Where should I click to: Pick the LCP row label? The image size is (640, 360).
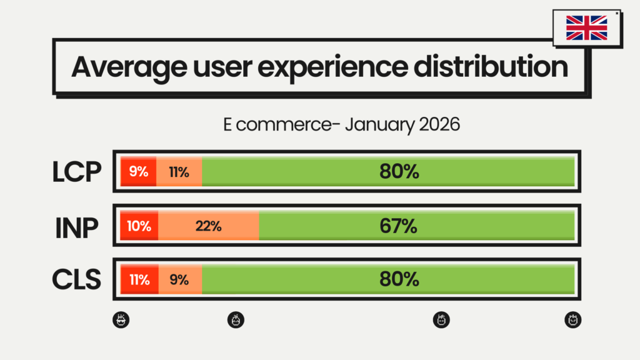tap(76, 172)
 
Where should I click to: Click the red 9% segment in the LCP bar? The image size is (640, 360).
tap(138, 172)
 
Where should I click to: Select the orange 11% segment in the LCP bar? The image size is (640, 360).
tap(179, 172)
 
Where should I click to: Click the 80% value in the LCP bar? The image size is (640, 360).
tap(399, 172)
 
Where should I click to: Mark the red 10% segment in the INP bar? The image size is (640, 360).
tap(139, 226)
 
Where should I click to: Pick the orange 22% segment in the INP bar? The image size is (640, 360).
tap(208, 226)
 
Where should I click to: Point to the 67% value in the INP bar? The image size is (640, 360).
tap(399, 226)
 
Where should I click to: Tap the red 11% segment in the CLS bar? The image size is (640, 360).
tap(139, 280)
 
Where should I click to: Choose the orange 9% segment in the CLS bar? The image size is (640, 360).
tap(179, 280)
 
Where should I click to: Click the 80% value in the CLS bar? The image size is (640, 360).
tap(399, 280)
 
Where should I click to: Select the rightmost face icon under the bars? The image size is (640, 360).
tap(572, 320)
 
